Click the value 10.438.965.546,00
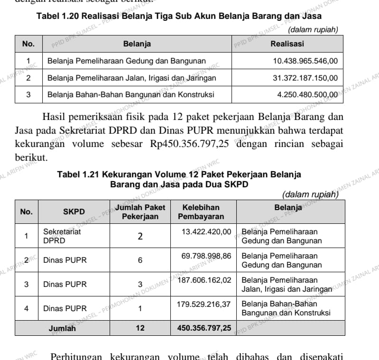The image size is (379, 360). [305, 61]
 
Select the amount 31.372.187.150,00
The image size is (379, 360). [305, 78]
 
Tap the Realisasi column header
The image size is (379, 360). [287, 44]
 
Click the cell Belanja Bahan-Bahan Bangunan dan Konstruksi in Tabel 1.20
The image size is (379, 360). [130, 94]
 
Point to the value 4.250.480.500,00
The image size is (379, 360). [307, 94]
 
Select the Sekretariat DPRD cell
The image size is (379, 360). [62, 236]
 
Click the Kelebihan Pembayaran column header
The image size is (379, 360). [201, 212]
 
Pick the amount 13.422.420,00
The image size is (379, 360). [206, 231]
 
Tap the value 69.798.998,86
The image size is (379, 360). [206, 256]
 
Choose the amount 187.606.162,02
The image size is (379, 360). [204, 280]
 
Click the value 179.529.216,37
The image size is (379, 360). [204, 304]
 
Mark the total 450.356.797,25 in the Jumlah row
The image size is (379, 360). [204, 328]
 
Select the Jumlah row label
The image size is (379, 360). [62, 328]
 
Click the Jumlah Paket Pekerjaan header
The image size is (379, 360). [140, 212]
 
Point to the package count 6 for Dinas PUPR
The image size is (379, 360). [140, 260]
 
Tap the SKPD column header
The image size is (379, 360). [74, 212]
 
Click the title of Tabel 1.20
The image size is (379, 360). [179, 17]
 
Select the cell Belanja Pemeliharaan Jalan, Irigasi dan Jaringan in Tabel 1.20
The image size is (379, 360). [132, 78]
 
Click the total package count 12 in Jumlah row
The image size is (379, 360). [140, 328]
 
